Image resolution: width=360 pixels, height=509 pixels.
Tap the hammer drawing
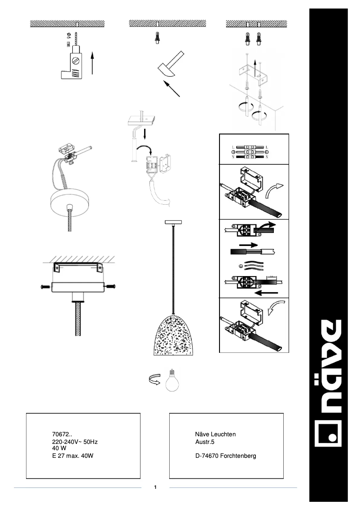[x=170, y=66]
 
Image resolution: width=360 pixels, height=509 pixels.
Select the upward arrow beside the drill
[x=92, y=63]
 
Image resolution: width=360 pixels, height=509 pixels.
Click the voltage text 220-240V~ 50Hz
[x=75, y=442]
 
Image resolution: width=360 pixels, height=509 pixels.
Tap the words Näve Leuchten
[x=215, y=434]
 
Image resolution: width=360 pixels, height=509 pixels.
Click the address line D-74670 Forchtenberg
[x=225, y=456]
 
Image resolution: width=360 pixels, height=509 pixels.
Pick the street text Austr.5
[x=205, y=442]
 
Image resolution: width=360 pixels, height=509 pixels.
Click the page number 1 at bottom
[x=155, y=487]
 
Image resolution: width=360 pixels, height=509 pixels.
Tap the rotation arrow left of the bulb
[x=154, y=380]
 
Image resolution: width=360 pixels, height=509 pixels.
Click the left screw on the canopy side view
[x=44, y=286]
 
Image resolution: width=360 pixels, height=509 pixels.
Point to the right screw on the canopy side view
[x=111, y=286]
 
